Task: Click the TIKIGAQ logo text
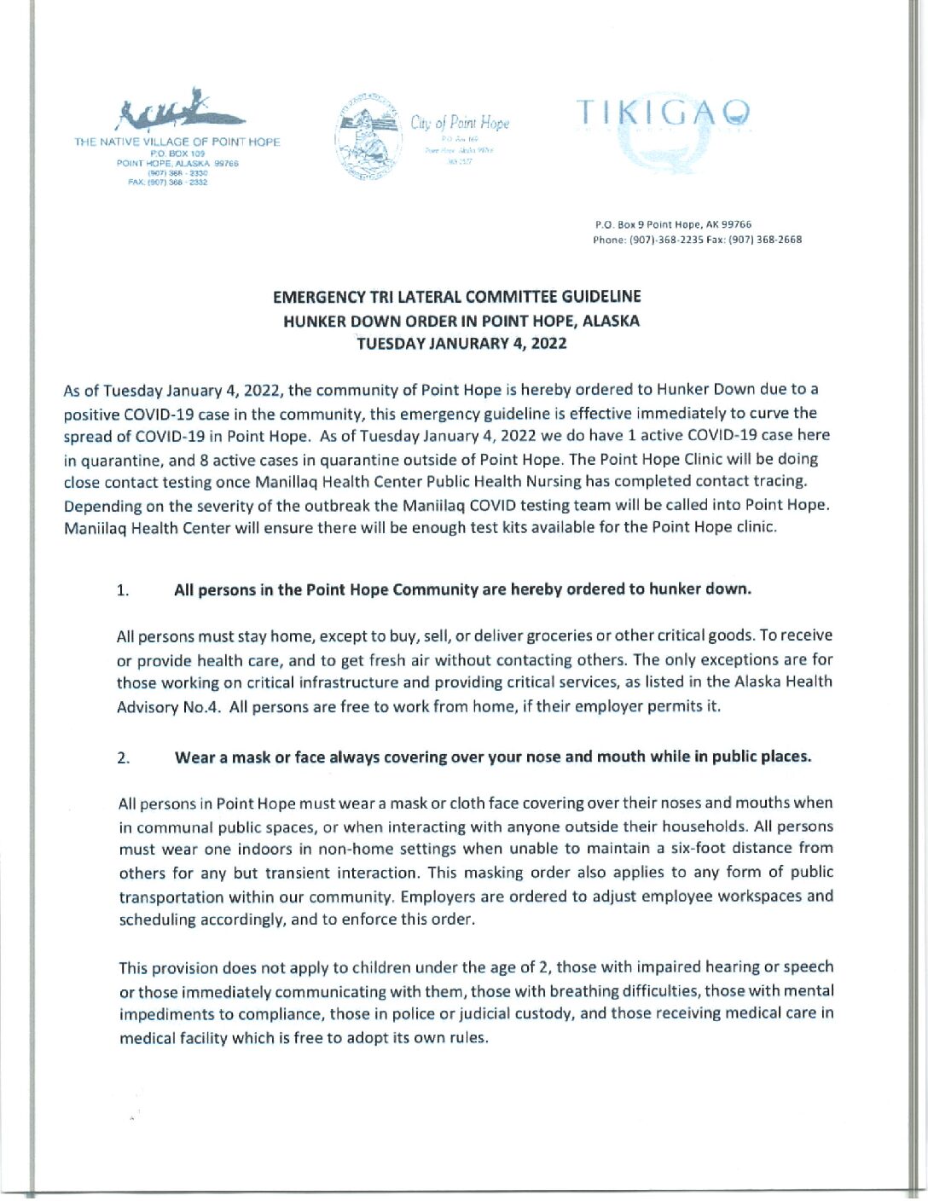(x=664, y=113)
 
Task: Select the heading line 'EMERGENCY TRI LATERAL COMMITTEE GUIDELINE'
(x=456, y=297)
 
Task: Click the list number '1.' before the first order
(x=123, y=590)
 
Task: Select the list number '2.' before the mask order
(x=124, y=757)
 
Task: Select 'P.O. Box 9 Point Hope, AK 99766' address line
(x=673, y=224)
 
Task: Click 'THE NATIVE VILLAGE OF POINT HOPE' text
(x=177, y=142)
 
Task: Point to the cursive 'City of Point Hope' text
(x=460, y=123)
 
